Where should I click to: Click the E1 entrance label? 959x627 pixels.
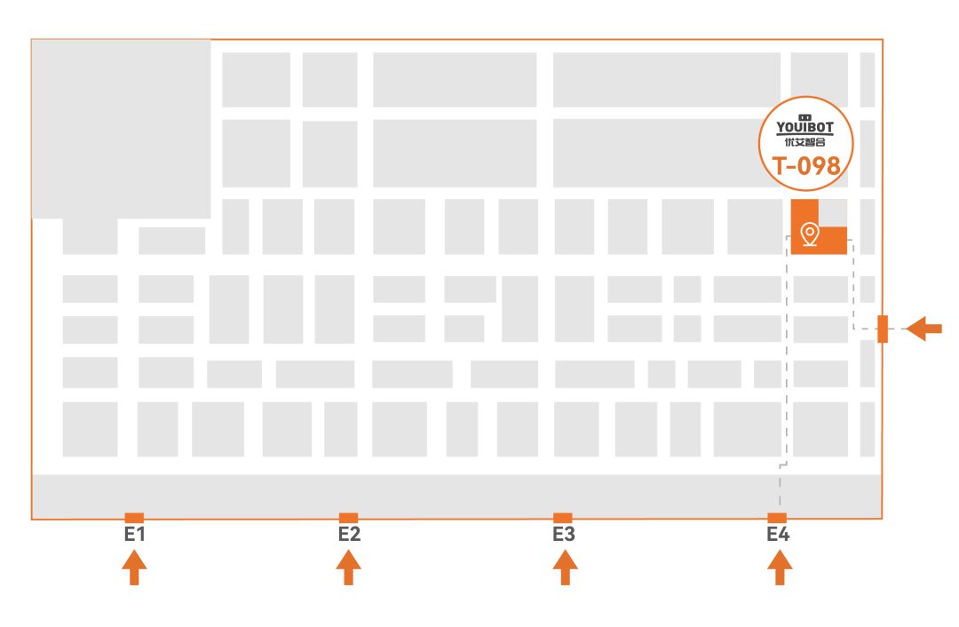tap(135, 535)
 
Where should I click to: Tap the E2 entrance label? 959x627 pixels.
tap(349, 535)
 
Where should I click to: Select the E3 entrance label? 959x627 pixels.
tap(564, 535)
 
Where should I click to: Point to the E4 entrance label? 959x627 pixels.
tap(778, 535)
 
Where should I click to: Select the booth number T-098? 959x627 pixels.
tap(806, 166)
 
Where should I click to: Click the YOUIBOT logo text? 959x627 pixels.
tap(805, 128)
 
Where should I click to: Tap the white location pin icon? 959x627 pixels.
tap(810, 234)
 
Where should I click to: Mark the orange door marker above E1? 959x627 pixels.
tap(134, 518)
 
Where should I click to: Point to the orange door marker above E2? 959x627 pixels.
tap(348, 518)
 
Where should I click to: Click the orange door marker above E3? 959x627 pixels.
tap(563, 518)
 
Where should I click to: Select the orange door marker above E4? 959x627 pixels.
tap(777, 518)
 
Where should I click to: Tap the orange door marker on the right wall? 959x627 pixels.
tap(883, 329)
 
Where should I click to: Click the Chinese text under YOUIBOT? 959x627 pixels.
tap(805, 142)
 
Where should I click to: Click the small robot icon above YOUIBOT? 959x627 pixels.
tap(805, 117)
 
